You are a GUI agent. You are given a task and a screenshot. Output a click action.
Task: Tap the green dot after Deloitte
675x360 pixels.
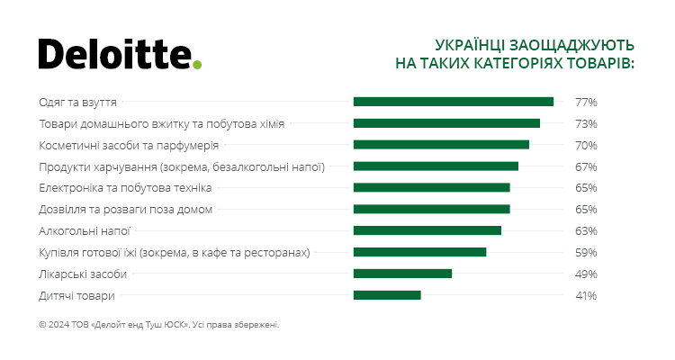click(x=198, y=64)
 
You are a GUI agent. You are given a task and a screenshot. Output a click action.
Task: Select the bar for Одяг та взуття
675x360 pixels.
click(x=453, y=102)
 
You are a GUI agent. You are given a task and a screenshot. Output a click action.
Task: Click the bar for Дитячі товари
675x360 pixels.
click(x=387, y=295)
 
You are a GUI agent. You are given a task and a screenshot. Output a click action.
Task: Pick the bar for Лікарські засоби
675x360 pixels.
click(x=402, y=274)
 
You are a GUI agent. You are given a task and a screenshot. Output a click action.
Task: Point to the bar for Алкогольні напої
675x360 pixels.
click(x=427, y=230)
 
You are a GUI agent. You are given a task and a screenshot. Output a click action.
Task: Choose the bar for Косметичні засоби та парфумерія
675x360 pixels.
click(x=441, y=145)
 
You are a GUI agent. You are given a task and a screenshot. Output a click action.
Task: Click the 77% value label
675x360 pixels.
click(x=586, y=102)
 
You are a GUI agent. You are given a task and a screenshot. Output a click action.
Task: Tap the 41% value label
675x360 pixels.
click(x=586, y=295)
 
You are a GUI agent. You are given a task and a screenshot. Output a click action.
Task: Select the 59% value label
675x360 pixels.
click(x=586, y=252)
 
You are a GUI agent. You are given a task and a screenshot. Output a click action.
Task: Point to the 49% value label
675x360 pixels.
click(x=586, y=274)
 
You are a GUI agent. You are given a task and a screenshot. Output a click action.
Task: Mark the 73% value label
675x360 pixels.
click(x=586, y=123)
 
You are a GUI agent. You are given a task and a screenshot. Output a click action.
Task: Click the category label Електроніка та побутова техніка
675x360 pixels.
click(x=126, y=188)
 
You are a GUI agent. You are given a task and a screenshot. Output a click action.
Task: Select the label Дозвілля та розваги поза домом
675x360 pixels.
click(x=126, y=210)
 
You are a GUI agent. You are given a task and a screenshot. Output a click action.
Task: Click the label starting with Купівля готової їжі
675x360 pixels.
click(x=175, y=253)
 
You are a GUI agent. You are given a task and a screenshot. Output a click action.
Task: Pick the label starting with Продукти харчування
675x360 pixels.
click(x=182, y=166)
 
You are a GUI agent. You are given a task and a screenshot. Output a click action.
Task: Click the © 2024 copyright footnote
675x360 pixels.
click(x=159, y=325)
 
